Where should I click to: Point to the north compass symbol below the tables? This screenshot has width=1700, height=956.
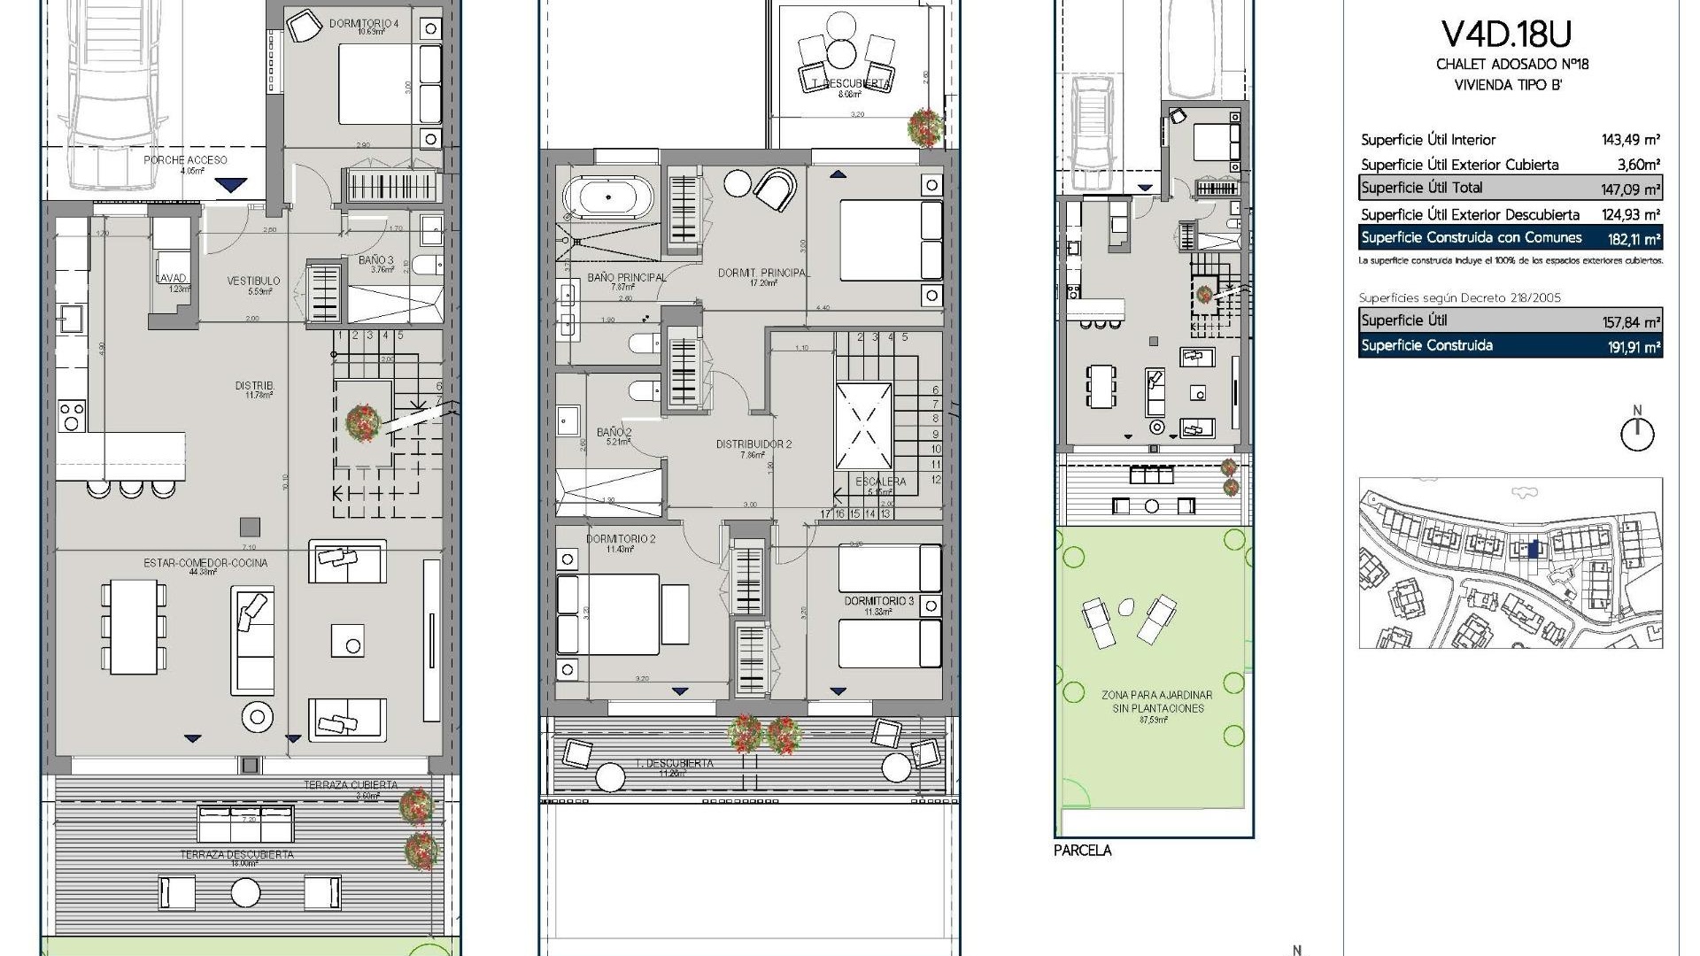(x=1636, y=433)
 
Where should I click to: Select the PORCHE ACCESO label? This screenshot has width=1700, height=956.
(x=185, y=160)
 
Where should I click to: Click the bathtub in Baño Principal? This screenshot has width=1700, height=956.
(x=607, y=198)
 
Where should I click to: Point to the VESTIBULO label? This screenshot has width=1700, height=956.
(x=253, y=281)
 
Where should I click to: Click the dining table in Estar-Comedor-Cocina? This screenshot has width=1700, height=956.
(x=133, y=625)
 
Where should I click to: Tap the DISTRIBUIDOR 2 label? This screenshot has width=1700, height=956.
(x=753, y=444)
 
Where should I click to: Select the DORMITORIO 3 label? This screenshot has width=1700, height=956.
(x=878, y=601)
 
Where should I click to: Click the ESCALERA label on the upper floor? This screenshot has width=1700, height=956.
(x=880, y=482)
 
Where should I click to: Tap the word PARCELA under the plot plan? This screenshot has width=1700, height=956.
(x=1082, y=851)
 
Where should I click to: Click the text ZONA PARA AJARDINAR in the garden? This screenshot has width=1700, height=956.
(x=1156, y=696)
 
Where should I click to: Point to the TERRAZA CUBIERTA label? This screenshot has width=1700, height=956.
(x=351, y=785)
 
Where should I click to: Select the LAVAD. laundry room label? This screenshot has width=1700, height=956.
(x=172, y=278)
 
